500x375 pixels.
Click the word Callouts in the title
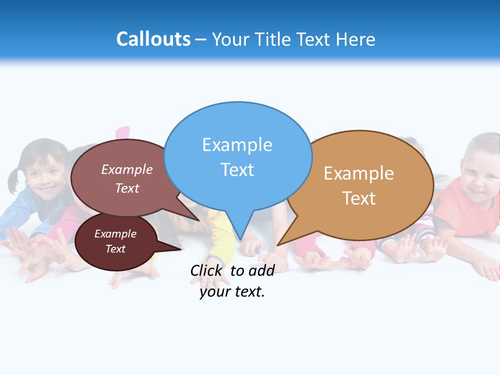[x=153, y=39]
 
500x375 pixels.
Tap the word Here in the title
[x=356, y=40]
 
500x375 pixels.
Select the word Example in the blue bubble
[x=237, y=145]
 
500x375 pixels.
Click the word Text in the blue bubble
[x=237, y=170]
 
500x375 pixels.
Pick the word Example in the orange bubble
[x=359, y=173]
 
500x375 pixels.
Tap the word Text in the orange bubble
[x=359, y=198]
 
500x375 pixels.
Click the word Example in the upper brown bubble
[x=127, y=169]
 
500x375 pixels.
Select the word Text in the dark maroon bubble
[x=116, y=249]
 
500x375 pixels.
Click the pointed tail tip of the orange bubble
[x=278, y=245]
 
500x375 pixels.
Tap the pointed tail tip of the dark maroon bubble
[x=181, y=249]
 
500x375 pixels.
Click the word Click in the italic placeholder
[x=207, y=270]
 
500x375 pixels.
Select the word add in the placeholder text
[x=261, y=270]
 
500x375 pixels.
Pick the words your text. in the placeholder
[x=232, y=292]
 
